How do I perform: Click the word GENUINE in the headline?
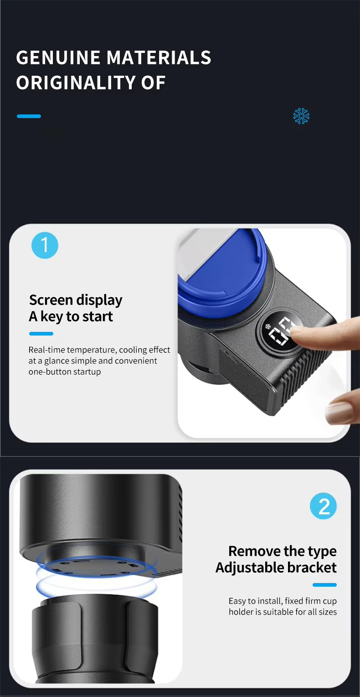point(58,57)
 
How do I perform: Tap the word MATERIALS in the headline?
point(159,57)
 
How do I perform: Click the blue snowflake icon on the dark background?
point(301,116)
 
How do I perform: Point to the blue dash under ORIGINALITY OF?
point(29,116)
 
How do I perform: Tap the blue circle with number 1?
point(45,245)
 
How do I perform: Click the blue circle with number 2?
point(323,506)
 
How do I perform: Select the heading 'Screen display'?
point(76,300)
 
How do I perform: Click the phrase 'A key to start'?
point(71,316)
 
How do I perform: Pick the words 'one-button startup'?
point(65,372)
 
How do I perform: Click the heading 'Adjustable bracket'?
point(276,568)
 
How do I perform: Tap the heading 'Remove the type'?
point(283,551)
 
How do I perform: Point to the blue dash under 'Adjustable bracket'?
point(324,585)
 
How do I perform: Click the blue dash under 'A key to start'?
point(41,334)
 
